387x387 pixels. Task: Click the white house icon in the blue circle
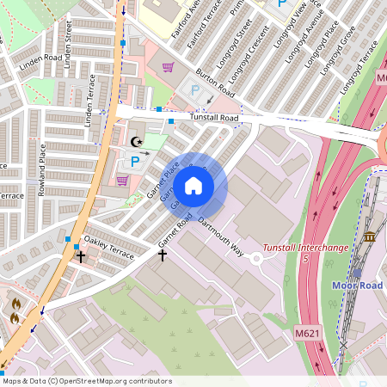[x=193, y=186]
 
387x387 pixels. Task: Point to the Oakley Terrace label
[x=108, y=249]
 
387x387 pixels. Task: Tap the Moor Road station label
[x=359, y=285]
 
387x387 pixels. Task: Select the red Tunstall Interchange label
[x=305, y=253]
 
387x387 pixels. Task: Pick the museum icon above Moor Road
[x=370, y=236]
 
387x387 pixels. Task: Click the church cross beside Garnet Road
[x=162, y=255]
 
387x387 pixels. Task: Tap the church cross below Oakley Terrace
[x=81, y=256]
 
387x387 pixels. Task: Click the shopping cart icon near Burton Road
[x=168, y=67]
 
